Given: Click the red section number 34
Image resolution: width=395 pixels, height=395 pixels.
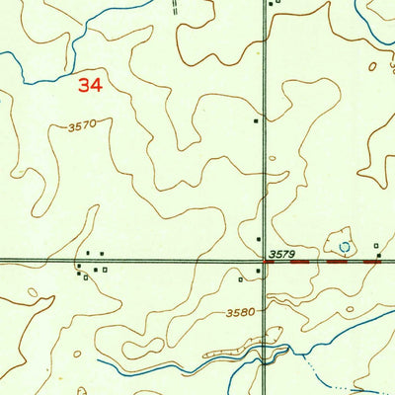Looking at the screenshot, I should click(90, 86).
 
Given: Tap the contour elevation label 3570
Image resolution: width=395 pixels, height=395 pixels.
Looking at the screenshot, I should click(85, 126).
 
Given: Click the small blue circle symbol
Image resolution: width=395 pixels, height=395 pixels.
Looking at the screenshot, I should click(345, 246).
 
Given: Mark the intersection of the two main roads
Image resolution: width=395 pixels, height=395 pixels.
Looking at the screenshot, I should click(264, 262).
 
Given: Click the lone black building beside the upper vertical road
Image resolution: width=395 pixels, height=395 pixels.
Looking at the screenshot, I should click(257, 121).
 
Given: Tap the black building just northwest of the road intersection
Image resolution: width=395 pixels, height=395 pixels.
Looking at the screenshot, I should click(259, 239).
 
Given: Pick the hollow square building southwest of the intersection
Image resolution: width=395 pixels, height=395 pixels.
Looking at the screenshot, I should click(241, 279).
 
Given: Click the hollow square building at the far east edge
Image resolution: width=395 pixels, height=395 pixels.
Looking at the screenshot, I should click(376, 245).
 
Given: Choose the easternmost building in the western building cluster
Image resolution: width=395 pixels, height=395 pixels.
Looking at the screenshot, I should click(106, 269).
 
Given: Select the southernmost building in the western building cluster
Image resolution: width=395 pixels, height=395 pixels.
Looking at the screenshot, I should click(86, 277).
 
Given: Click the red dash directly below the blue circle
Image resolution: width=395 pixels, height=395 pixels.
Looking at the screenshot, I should click(338, 262).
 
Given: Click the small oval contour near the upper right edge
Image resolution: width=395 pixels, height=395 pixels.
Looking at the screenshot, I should click(372, 67).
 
